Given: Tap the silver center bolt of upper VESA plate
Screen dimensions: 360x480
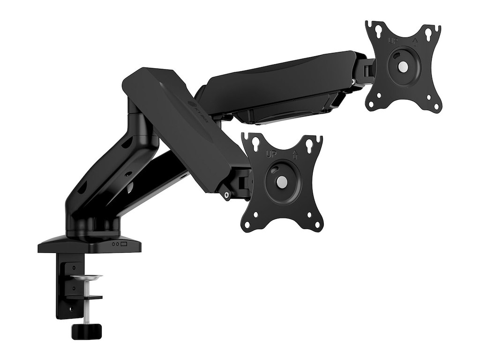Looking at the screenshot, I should pos(402,67).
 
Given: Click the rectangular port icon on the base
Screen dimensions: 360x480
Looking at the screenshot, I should pos(124,244).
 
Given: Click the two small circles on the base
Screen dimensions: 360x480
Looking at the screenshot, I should pos(114,244).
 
